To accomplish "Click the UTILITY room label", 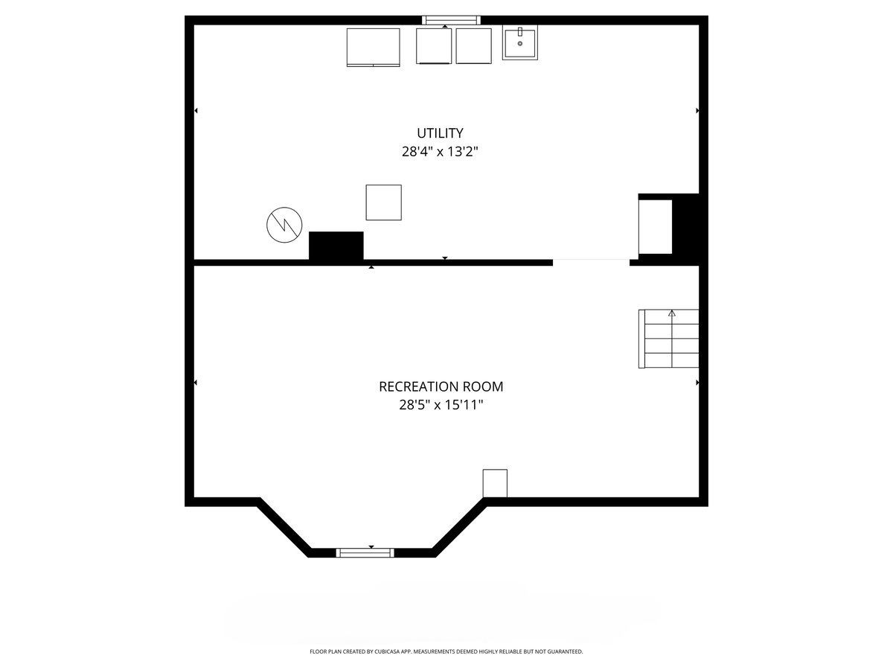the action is [440, 133].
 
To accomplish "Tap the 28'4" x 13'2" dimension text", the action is [440, 152].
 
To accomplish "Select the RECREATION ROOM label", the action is [441, 386].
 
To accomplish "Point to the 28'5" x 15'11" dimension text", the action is [441, 405].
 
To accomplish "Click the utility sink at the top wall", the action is [520, 42].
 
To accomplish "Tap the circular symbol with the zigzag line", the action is [284, 225].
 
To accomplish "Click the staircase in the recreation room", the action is [668, 339].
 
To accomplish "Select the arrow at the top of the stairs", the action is [672, 313].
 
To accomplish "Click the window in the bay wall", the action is [365, 553].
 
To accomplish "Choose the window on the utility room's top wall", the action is [451, 20].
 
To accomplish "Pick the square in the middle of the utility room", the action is [384, 202].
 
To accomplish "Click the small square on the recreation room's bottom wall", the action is [495, 483].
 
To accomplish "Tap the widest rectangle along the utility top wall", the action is [373, 47].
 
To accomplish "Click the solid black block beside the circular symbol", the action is [336, 246].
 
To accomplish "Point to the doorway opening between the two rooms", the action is [591, 262].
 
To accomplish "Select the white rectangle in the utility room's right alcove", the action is [655, 227].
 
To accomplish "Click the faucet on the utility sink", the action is [520, 32].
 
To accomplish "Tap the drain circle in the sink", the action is [520, 43].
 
